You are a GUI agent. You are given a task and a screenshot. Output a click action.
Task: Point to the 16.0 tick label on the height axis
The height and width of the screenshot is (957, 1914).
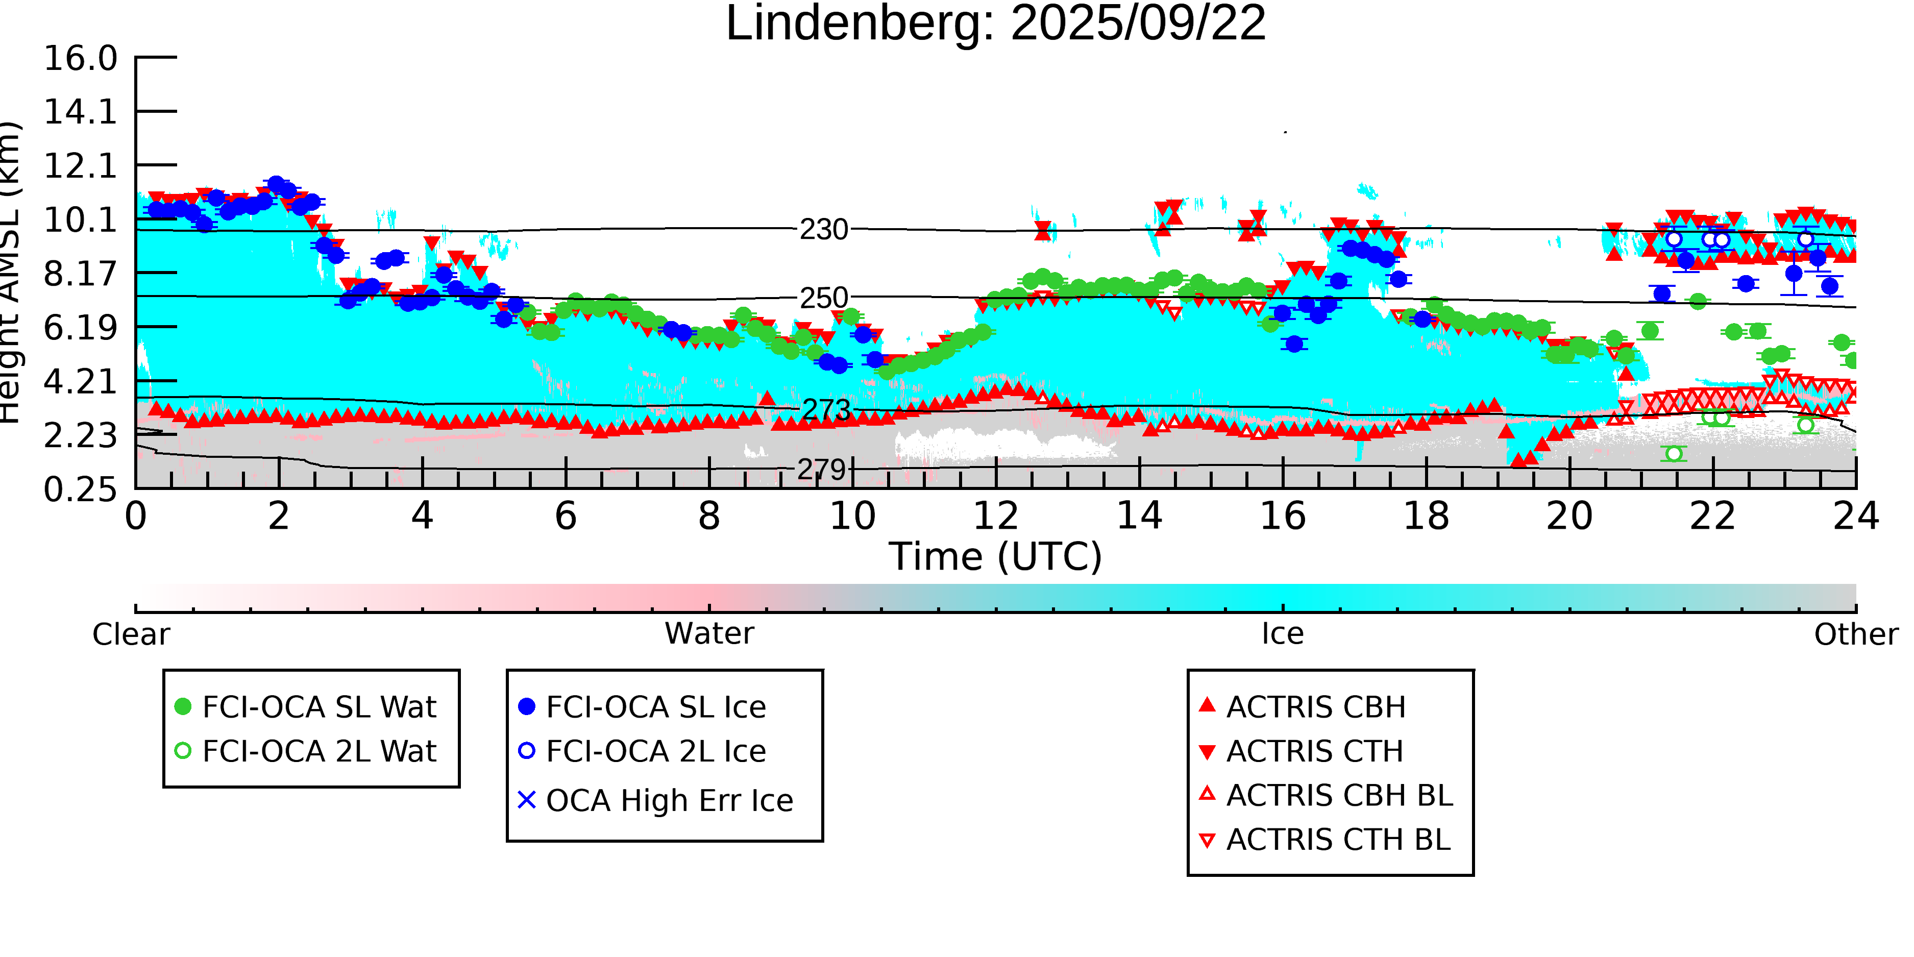(x=80, y=59)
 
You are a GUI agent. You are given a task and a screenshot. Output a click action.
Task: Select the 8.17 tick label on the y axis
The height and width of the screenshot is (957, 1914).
(x=80, y=274)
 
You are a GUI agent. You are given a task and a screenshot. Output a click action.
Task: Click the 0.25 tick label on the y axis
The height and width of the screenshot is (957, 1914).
(x=80, y=489)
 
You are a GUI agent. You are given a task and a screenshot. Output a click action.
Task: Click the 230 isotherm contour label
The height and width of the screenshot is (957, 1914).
(x=823, y=230)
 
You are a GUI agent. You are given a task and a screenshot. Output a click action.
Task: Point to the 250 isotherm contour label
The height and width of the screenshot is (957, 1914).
(x=823, y=298)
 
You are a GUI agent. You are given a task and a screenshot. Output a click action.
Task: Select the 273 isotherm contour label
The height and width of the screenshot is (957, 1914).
(x=825, y=409)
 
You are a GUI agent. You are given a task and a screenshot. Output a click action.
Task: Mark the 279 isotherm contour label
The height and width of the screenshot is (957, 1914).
(x=821, y=470)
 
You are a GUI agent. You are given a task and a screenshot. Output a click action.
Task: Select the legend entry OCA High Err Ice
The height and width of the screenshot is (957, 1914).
(x=669, y=801)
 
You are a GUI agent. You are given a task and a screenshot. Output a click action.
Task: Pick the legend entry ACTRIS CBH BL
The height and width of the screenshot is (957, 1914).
(x=1339, y=796)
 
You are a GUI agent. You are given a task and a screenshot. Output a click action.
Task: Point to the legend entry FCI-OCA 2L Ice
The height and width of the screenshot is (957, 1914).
(x=655, y=751)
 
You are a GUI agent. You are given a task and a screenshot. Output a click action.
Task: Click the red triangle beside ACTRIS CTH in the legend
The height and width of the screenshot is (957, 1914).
(x=1208, y=752)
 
